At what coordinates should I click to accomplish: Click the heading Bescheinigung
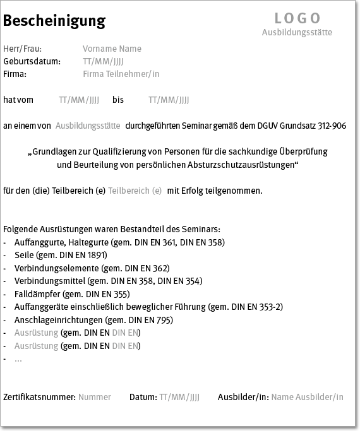point(54,21)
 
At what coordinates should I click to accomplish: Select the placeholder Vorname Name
point(112,49)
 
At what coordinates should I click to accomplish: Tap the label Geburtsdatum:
point(32,61)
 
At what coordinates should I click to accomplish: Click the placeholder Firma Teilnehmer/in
point(121,74)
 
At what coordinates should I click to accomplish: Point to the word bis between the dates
point(118,100)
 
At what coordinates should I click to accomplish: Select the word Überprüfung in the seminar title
point(299,152)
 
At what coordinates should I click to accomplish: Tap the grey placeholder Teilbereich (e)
point(135,190)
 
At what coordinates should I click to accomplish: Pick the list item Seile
point(24,255)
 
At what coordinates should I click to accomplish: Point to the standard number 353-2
point(272,307)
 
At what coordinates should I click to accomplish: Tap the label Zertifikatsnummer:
point(39,397)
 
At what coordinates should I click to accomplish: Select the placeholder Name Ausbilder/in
point(307,397)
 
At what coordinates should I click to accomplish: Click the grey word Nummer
point(94,397)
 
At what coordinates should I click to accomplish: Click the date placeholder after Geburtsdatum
point(103,61)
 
